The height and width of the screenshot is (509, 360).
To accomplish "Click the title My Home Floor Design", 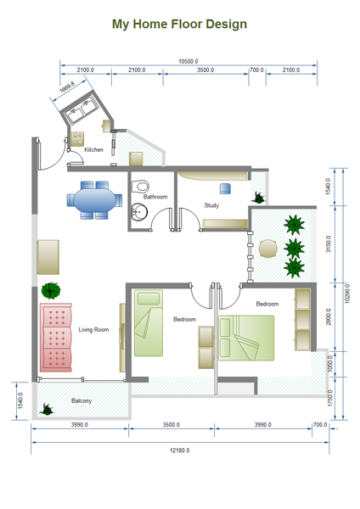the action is coord(179,25).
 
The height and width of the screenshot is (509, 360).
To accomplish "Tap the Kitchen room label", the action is coord(93,149).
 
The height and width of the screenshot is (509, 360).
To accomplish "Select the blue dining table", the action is coord(94,200).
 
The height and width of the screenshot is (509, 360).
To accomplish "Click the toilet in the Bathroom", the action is coord(140,187).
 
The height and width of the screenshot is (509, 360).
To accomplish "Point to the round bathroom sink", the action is coord(139,212).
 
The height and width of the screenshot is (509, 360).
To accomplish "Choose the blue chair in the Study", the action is coord(225,188).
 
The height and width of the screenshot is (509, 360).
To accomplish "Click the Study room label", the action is coord(211,205).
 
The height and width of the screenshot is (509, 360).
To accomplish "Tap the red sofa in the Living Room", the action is coord(55,338).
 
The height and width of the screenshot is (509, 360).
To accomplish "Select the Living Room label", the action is coord(93,329).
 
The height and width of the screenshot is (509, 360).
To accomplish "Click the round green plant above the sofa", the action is coord(51,290).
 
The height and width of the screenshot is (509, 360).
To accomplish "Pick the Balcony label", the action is coord(82,401).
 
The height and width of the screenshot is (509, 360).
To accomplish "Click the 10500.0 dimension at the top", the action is coord(188,61).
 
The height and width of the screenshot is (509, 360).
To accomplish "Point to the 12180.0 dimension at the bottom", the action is coord(180,450).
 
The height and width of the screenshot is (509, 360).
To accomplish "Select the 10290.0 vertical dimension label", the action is coord(347,294).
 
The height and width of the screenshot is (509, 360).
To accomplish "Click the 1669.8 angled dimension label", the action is coord(67,87).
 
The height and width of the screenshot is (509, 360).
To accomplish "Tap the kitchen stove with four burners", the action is coord(77,139).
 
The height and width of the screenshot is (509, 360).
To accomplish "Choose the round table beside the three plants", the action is coord(268,249).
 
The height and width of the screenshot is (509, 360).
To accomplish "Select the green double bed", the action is coord(246,338).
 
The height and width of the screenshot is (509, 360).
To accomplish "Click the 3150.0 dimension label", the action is coord(328,243).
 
